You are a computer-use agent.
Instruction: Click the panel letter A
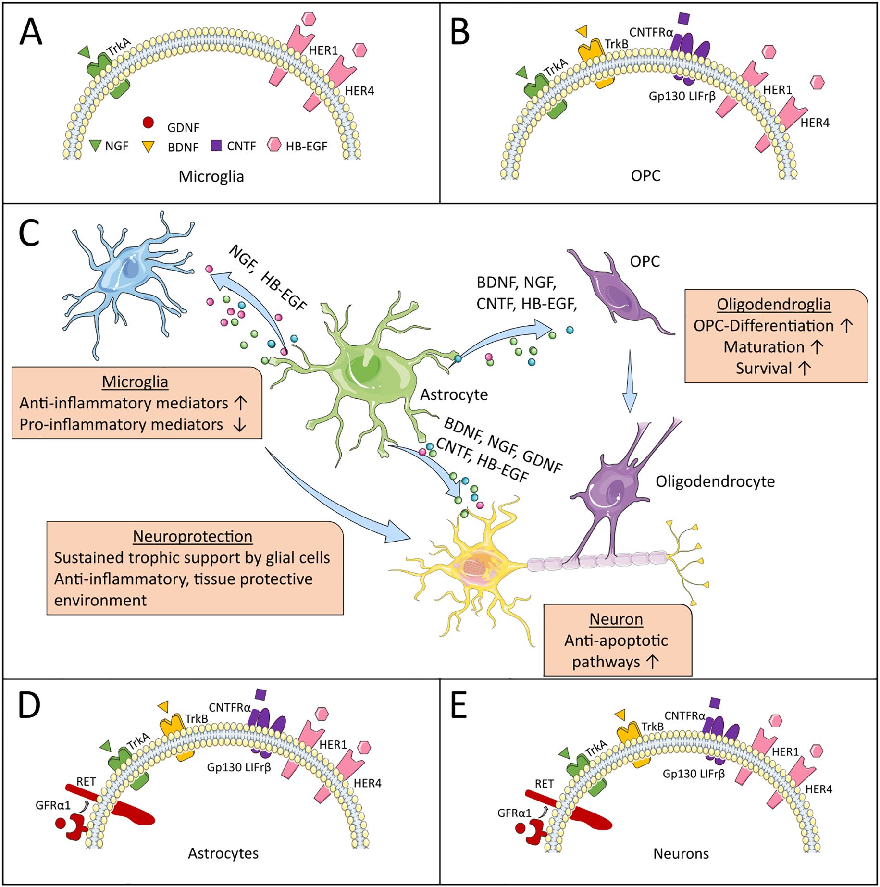pyautogui.click(x=31, y=33)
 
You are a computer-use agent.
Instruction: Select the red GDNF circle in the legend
pyautogui.click(x=148, y=123)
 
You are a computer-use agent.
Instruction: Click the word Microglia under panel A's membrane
pyautogui.click(x=211, y=177)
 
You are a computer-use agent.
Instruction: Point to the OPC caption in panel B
pyautogui.click(x=645, y=176)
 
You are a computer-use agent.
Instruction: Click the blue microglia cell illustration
pyautogui.click(x=127, y=279)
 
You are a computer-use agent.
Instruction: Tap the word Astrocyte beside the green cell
pyautogui.click(x=454, y=394)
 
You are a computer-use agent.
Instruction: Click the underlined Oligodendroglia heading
pyautogui.click(x=773, y=304)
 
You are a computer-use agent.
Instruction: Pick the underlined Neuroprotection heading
pyautogui.click(x=192, y=536)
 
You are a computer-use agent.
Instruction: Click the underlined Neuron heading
pyautogui.click(x=616, y=619)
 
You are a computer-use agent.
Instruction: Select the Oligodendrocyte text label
pyautogui.click(x=715, y=481)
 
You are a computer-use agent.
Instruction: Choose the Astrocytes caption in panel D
pyautogui.click(x=223, y=853)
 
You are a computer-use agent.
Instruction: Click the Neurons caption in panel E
pyautogui.click(x=681, y=854)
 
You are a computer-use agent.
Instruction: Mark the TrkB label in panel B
pyautogui.click(x=616, y=45)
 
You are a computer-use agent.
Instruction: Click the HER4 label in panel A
pyautogui.click(x=359, y=91)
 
